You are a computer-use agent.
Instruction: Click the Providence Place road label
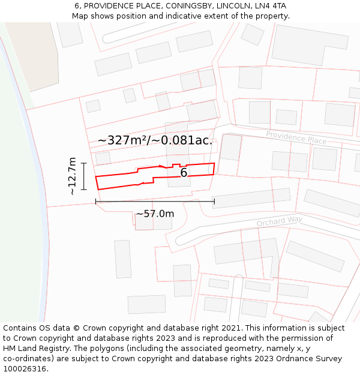[296, 137]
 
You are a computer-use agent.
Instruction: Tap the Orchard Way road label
[279, 221]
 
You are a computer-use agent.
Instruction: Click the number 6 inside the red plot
[184, 173]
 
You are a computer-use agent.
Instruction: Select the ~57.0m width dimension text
[155, 214]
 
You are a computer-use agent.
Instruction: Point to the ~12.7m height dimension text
[72, 176]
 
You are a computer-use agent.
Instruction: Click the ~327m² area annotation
[155, 140]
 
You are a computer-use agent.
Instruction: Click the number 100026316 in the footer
[25, 368]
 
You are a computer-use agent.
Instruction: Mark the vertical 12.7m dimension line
[83, 176]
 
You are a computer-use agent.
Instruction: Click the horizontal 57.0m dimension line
[155, 202]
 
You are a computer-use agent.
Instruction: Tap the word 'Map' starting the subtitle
[80, 16]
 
